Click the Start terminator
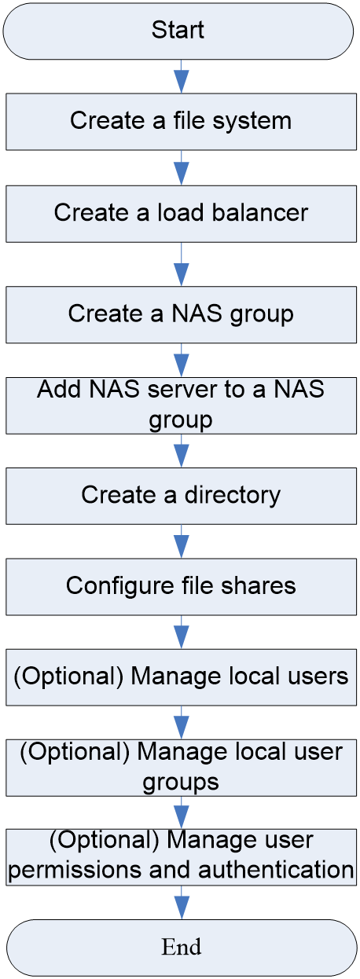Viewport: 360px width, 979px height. pyautogui.click(x=178, y=31)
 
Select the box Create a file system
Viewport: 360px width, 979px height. pyautogui.click(x=181, y=122)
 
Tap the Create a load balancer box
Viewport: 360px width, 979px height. pyautogui.click(x=181, y=214)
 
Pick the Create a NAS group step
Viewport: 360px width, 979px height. pyautogui.click(x=181, y=314)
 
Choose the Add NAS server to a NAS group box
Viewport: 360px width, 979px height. pyautogui.click(x=181, y=405)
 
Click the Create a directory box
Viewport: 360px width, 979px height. pyautogui.click(x=181, y=496)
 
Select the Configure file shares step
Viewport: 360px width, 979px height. pyautogui.click(x=181, y=586)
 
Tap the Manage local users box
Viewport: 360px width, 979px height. pyautogui.click(x=181, y=677)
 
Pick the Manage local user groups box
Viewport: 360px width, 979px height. pyautogui.click(x=181, y=768)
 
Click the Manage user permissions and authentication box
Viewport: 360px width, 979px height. pyautogui.click(x=181, y=857)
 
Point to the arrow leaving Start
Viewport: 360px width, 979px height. pyautogui.click(x=181, y=76)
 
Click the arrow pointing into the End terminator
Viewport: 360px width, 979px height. pyautogui.click(x=182, y=903)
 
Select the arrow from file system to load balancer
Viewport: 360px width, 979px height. pyautogui.click(x=181, y=168)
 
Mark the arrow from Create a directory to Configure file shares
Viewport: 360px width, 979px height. pyautogui.click(x=181, y=541)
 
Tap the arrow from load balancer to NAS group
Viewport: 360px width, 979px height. pyautogui.click(x=181, y=265)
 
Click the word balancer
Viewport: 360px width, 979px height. pyautogui.click(x=260, y=213)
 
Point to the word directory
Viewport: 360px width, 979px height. pyautogui.click(x=232, y=496)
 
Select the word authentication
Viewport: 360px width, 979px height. pyautogui.click(x=276, y=869)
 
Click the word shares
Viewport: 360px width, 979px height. pyautogui.click(x=258, y=585)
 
